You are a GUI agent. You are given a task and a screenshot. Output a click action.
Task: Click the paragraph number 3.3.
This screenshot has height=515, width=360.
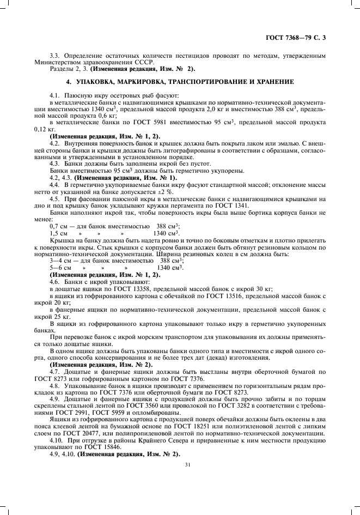click(x=53, y=56)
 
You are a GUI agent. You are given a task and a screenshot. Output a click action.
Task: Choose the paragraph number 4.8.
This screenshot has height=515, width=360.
click(x=55, y=385)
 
